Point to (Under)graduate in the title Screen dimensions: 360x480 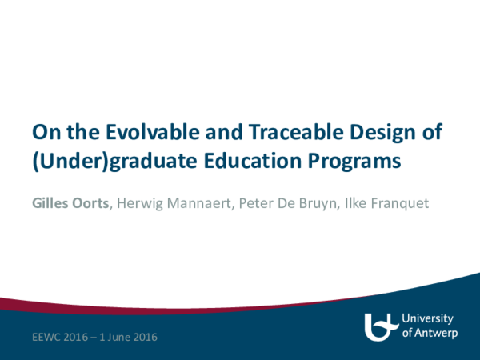tap(101, 161)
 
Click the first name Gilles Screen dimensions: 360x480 tap(50, 204)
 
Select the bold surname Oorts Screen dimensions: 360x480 tap(92, 204)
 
